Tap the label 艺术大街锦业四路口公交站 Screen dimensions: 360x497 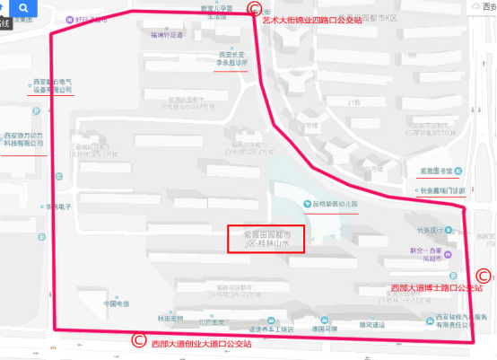tap(311, 18)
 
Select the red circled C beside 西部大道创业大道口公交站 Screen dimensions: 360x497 tap(138, 340)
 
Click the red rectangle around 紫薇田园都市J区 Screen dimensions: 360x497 tap(266, 237)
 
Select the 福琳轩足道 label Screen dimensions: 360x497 tap(167, 36)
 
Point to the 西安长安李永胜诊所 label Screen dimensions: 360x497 tap(232, 58)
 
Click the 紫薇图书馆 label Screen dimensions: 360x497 tap(439, 169)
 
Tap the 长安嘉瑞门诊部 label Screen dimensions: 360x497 tap(443, 190)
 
